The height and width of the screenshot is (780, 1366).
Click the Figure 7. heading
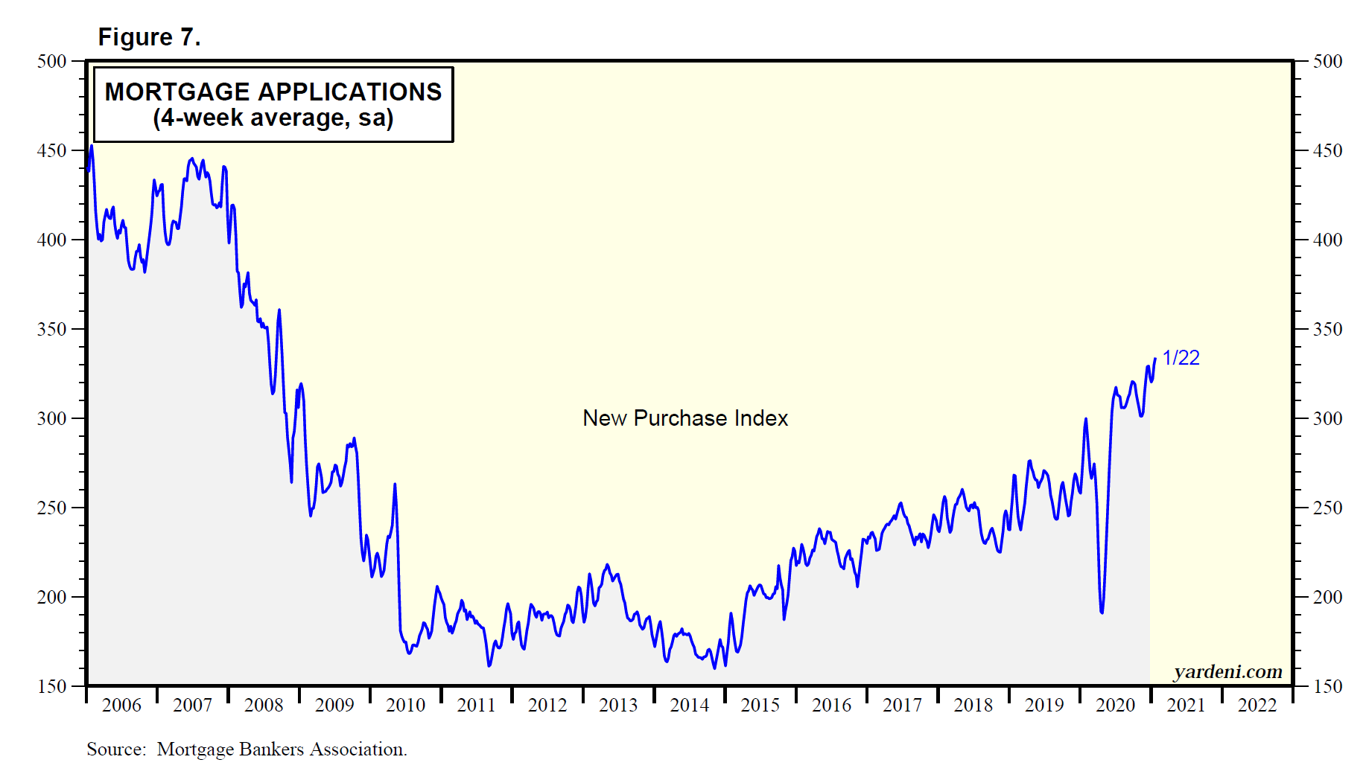(x=149, y=37)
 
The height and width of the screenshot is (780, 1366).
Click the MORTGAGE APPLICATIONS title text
(x=273, y=92)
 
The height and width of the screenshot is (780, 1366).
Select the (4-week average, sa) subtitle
(x=273, y=118)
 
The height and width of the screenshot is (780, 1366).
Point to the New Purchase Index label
(x=684, y=418)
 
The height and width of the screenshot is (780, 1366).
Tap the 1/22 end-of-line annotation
(x=1181, y=358)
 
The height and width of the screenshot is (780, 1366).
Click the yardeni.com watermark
(x=1227, y=672)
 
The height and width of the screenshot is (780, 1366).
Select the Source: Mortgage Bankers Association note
(x=247, y=749)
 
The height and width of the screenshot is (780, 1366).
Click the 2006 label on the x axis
(x=121, y=705)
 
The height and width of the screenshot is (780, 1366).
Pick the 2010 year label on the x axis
(x=405, y=705)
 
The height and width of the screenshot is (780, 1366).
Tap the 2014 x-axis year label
(x=689, y=705)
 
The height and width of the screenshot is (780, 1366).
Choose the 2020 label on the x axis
(x=1115, y=705)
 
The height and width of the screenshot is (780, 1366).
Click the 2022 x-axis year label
(x=1257, y=705)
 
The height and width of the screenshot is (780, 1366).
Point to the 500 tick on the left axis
(x=52, y=61)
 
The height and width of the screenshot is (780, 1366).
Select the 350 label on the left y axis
(x=52, y=329)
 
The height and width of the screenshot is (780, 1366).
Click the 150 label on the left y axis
(x=52, y=686)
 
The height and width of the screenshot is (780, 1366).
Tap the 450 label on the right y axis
(x=1327, y=150)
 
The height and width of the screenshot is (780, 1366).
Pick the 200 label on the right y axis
(x=1327, y=597)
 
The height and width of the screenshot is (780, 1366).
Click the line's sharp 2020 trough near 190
(x=1102, y=613)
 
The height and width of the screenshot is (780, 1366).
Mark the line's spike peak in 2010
(x=395, y=485)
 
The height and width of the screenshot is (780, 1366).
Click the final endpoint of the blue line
(x=1155, y=359)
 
